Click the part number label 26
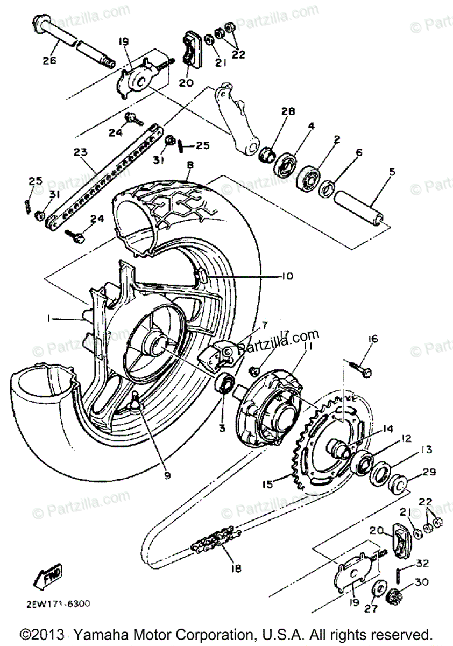(x=49, y=61)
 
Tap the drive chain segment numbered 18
(x=216, y=538)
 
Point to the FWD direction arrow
(x=47, y=575)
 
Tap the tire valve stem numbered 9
(x=135, y=401)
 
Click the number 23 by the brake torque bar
(x=80, y=153)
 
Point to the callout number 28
(x=288, y=111)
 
